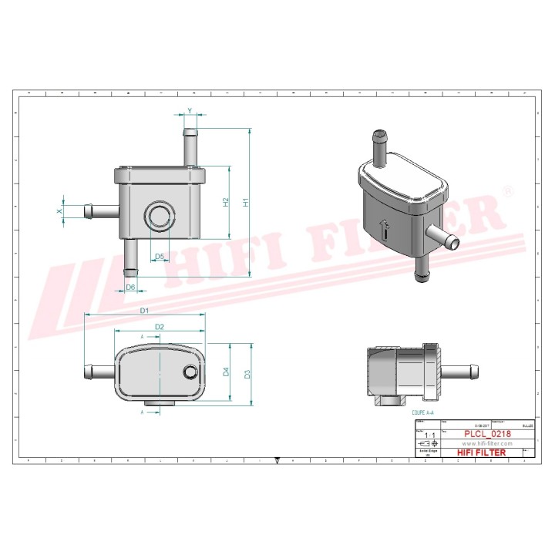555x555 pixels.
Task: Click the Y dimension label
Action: tap(190, 111)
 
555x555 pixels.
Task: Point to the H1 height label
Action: tap(246, 203)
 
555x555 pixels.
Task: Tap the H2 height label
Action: tap(225, 203)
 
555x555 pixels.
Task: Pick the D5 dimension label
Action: tap(159, 256)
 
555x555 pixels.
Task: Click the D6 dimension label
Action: tap(130, 287)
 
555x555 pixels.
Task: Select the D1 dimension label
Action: tap(144, 310)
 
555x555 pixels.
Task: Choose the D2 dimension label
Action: tap(159, 327)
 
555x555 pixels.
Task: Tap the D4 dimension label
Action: tap(225, 372)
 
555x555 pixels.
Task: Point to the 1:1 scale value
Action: tap(429, 436)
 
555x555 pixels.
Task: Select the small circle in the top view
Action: tap(190, 373)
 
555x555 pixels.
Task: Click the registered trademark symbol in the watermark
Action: tap(506, 190)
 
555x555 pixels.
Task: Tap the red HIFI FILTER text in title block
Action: tap(482, 453)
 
